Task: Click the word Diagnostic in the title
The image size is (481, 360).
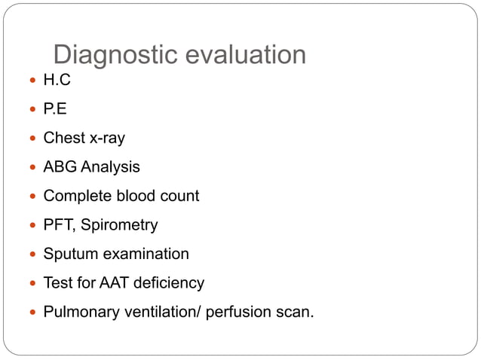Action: coord(109,54)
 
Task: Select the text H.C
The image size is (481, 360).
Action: coord(57,81)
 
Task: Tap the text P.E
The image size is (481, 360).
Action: coord(55,110)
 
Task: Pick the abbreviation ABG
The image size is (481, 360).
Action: coord(58,167)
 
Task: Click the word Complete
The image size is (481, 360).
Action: coord(76,196)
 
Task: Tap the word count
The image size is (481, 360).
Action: coord(179,196)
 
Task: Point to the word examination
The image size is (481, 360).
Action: coord(146,254)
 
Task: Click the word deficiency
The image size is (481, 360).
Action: coord(172,283)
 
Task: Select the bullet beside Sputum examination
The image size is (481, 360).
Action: coord(32,255)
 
